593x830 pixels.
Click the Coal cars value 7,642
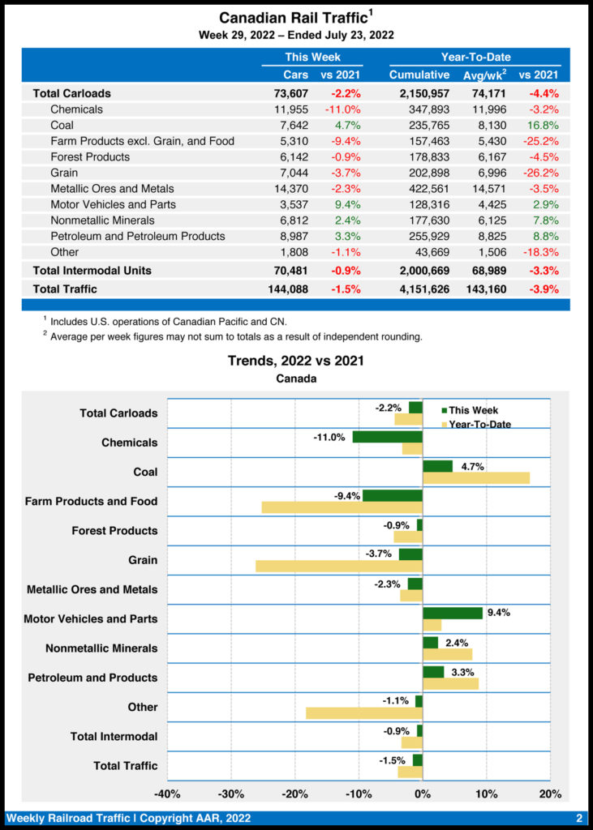click(291, 125)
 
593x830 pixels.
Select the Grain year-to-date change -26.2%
click(540, 173)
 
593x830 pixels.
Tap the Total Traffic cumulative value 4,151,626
click(419, 289)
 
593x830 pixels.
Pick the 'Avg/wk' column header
click(485, 75)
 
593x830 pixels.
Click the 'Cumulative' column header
click(419, 75)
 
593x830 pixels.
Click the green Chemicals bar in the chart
click(387, 437)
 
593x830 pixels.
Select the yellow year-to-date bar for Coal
click(476, 478)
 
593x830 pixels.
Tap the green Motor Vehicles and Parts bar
click(453, 613)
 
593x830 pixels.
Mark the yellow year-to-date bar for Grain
click(339, 566)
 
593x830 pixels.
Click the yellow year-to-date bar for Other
click(364, 712)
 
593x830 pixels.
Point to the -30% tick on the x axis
click(231, 793)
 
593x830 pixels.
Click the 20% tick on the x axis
click(550, 793)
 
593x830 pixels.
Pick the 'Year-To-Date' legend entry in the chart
click(479, 424)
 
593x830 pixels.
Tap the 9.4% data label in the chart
click(498, 613)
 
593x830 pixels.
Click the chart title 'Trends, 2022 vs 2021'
click(295, 361)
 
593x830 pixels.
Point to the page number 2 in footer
click(579, 818)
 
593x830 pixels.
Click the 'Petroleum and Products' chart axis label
click(92, 677)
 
